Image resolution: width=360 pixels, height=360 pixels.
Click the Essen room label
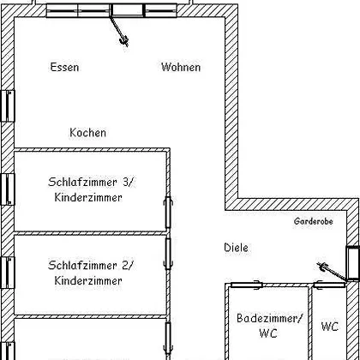pyautogui.click(x=64, y=67)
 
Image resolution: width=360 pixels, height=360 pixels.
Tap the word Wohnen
pyautogui.click(x=181, y=67)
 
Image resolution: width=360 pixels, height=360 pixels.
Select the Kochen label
pyautogui.click(x=87, y=133)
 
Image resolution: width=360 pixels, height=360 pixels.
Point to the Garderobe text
pyautogui.click(x=314, y=221)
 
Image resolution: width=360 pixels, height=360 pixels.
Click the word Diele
pyautogui.click(x=236, y=248)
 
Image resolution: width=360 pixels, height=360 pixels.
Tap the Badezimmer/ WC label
pyautogui.click(x=269, y=326)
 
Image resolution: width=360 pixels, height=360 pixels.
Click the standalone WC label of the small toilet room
pyautogui.click(x=330, y=327)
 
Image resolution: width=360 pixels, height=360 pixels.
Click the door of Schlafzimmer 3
pyautogui.click(x=168, y=213)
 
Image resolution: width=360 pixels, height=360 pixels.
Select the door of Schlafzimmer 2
pyautogui.click(x=168, y=254)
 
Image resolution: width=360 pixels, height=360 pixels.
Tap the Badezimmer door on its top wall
pyautogui.click(x=247, y=285)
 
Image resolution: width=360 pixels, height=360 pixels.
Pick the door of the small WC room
pyautogui.click(x=329, y=285)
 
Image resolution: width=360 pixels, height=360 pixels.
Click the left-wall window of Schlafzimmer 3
pyautogui.click(x=8, y=189)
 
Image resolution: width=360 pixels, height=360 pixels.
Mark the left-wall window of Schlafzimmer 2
pyautogui.click(x=8, y=273)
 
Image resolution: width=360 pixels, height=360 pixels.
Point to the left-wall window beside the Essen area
pyautogui.click(x=8, y=106)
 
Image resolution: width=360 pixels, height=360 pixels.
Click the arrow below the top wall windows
pyautogui.click(x=119, y=31)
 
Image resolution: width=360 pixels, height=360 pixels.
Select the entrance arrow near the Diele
pyautogui.click(x=332, y=272)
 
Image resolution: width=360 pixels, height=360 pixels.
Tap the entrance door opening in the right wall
pyautogui.click(x=353, y=263)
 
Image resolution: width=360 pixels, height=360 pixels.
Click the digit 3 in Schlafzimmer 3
pyautogui.click(x=126, y=182)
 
